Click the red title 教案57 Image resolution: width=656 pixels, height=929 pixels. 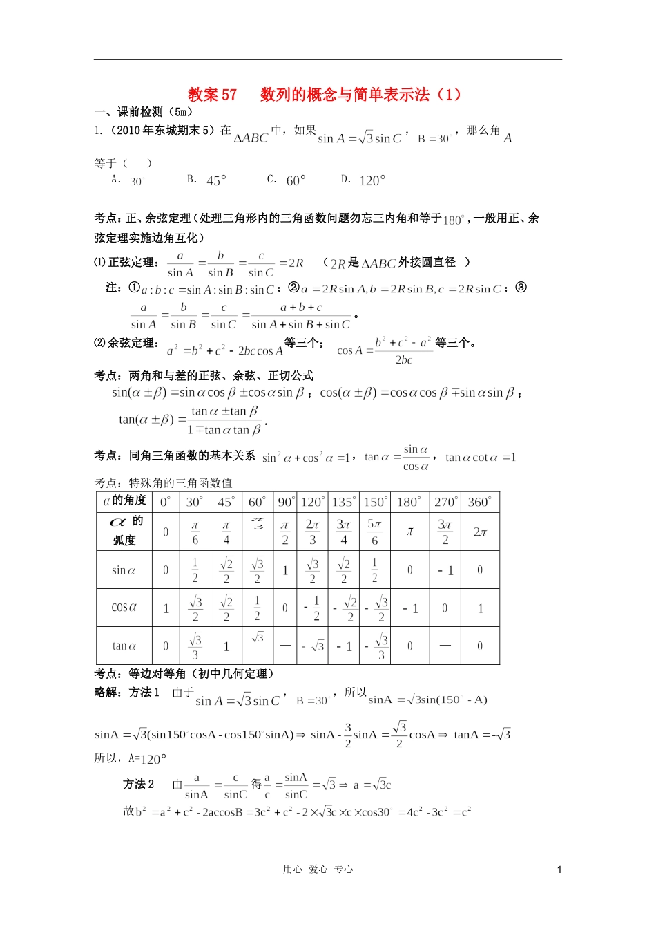tap(213, 95)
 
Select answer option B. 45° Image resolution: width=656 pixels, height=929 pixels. tap(207, 180)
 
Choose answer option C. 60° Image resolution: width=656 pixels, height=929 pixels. tap(287, 180)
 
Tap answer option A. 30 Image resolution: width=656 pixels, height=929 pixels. tap(127, 180)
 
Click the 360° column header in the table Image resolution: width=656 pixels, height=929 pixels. tap(479, 502)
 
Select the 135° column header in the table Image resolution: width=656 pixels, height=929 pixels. tap(343, 502)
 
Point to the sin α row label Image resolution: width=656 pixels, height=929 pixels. tap(124, 570)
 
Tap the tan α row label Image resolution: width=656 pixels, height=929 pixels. tap(124, 646)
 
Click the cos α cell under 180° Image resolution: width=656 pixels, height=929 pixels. tap(410, 609)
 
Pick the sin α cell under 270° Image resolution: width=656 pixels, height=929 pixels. tap(445, 571)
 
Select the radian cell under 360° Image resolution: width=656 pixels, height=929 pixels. tap(480, 532)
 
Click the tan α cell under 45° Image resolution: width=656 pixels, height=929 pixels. tap(226, 647)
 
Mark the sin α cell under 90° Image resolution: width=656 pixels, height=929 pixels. tap(285, 571)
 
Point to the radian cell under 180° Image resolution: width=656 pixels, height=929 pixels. tap(410, 532)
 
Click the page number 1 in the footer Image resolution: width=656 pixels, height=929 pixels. tap(559, 870)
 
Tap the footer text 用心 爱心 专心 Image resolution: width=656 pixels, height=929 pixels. tap(318, 870)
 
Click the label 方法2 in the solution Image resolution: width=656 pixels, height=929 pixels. tap(139, 785)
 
